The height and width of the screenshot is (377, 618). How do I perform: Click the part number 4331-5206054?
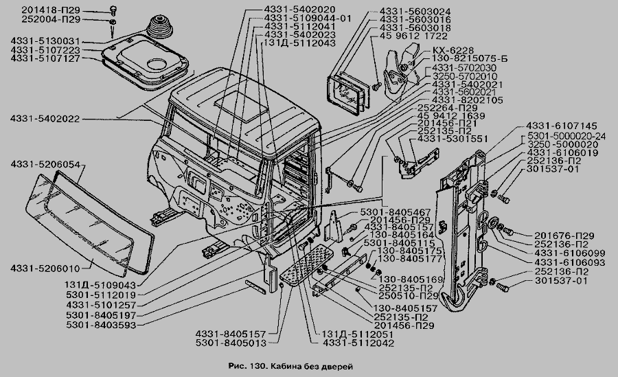(x=45, y=165)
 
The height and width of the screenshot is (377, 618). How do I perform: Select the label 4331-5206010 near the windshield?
(x=45, y=268)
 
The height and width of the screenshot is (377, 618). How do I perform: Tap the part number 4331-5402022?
(x=45, y=119)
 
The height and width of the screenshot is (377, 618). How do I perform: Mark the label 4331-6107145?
(x=562, y=127)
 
